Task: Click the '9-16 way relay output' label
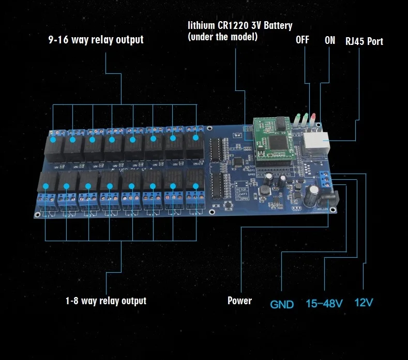pos(96,40)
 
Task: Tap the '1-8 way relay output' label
pos(105,301)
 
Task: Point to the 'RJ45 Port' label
pos(364,41)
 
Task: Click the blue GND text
pos(282,304)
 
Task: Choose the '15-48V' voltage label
pos(324,303)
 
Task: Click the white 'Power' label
pos(239,301)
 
